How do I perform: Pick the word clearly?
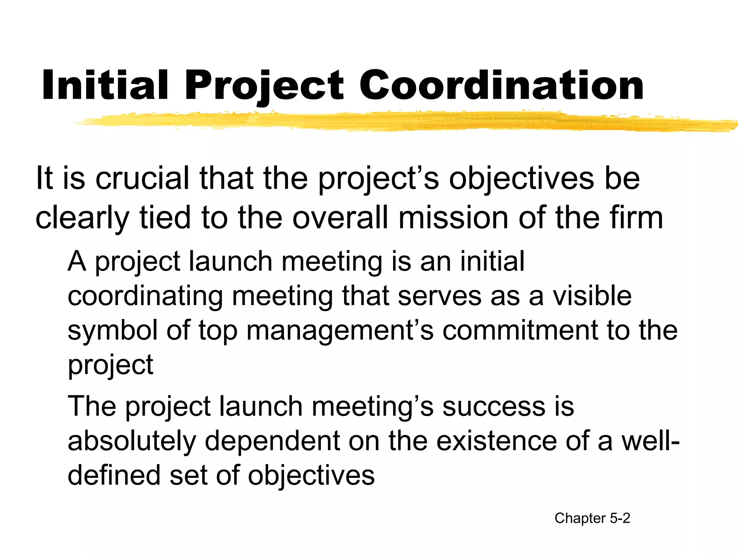[82, 219]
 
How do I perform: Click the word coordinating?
[145, 296]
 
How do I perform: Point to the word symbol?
[112, 331]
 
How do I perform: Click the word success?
[494, 406]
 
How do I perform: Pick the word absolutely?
[132, 441]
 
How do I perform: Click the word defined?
[114, 475]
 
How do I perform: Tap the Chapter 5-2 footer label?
[592, 518]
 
